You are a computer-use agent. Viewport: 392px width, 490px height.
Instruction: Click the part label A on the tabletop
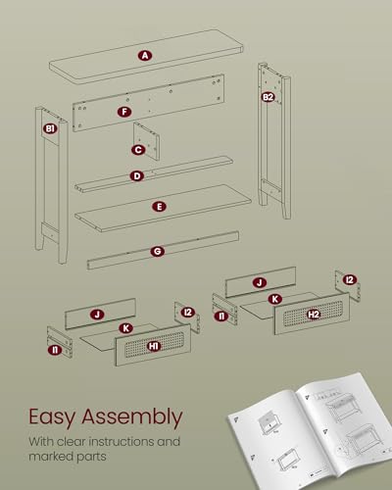pyautogui.click(x=145, y=56)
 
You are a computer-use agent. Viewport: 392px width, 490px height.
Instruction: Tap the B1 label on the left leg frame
pyautogui.click(x=50, y=128)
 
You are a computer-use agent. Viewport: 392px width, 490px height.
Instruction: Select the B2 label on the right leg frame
pyautogui.click(x=268, y=97)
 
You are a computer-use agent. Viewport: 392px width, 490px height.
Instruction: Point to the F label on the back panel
pyautogui.click(x=124, y=112)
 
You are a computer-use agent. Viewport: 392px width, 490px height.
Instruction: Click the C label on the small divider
pyautogui.click(x=138, y=150)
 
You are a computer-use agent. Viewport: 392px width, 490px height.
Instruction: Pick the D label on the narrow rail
pyautogui.click(x=137, y=176)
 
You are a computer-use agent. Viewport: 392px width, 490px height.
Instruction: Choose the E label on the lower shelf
pyautogui.click(x=160, y=207)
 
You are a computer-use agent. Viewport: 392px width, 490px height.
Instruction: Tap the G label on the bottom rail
pyautogui.click(x=158, y=252)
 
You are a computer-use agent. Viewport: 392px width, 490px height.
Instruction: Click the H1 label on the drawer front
pyautogui.click(x=154, y=346)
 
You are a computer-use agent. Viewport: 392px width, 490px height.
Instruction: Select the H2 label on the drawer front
pyautogui.click(x=314, y=315)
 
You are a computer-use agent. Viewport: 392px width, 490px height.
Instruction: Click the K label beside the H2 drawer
pyautogui.click(x=275, y=299)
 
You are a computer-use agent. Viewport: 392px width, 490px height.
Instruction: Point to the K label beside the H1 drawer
pyautogui.click(x=126, y=328)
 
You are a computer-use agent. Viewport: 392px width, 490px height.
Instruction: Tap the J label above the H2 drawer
pyautogui.click(x=260, y=282)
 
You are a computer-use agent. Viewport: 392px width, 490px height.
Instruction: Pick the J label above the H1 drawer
pyautogui.click(x=97, y=315)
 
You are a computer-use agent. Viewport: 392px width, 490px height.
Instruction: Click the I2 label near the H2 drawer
pyautogui.click(x=350, y=279)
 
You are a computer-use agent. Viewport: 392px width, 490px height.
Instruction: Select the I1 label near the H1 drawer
pyautogui.click(x=55, y=350)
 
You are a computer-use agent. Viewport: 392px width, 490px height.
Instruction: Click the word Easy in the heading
pyautogui.click(x=52, y=417)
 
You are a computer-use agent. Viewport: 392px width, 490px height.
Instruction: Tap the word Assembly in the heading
pyautogui.click(x=132, y=417)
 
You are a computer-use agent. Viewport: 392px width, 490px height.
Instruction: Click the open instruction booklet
pyautogui.click(x=311, y=431)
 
